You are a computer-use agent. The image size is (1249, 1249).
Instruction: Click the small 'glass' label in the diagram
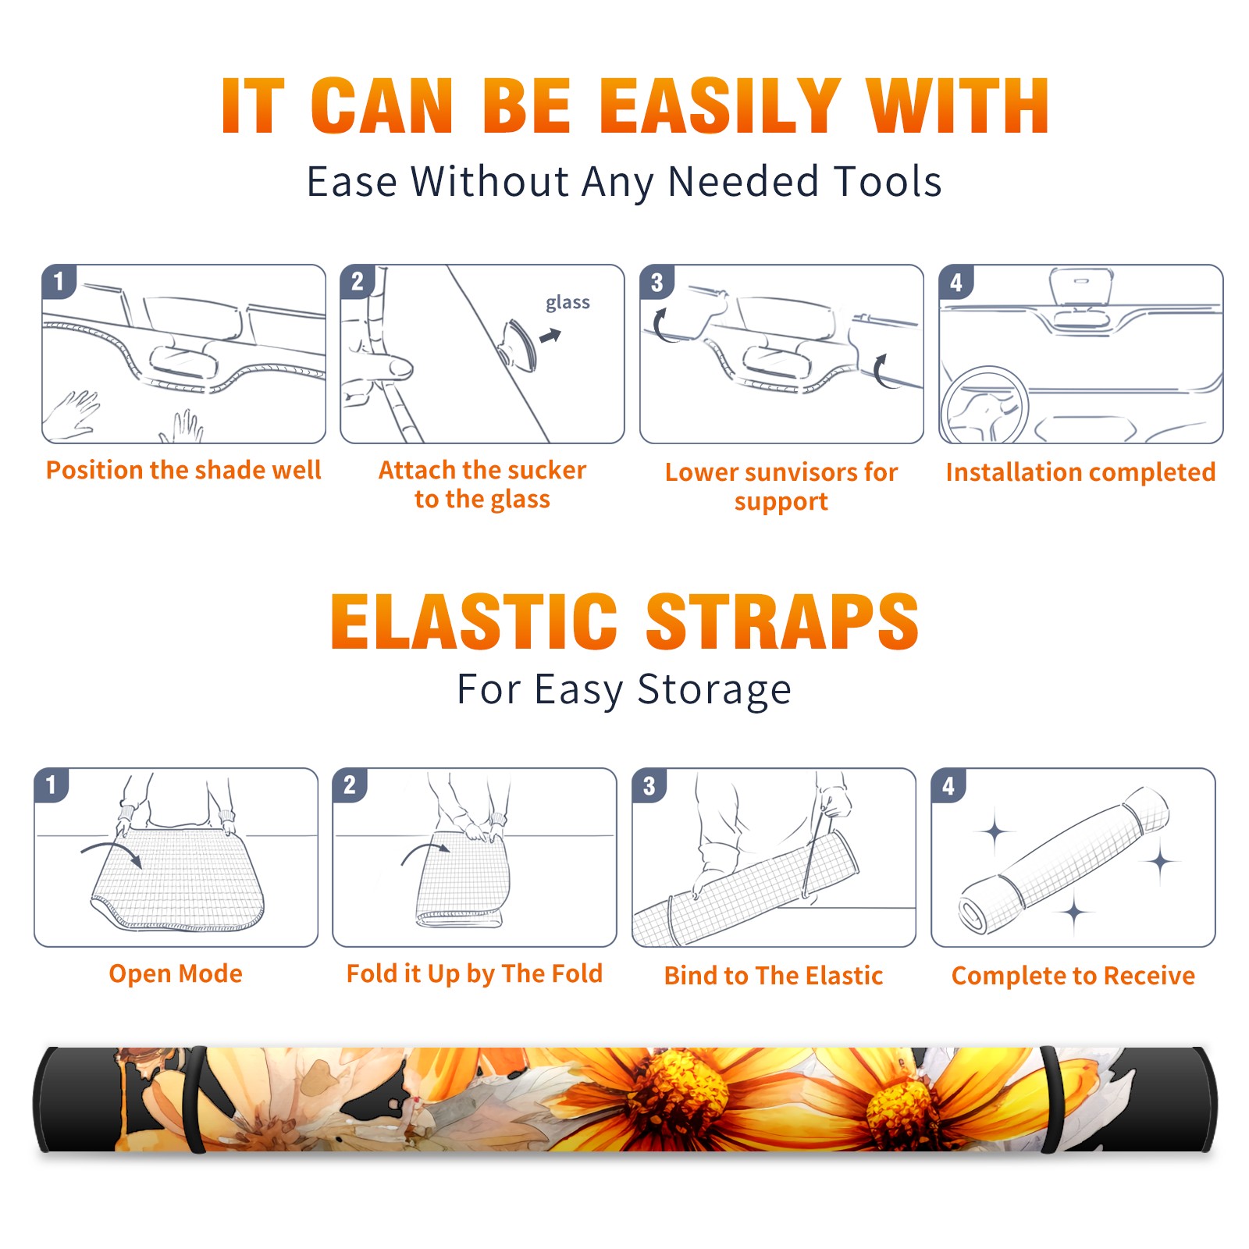[x=568, y=303]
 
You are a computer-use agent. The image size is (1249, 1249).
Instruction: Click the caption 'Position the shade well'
[x=183, y=470]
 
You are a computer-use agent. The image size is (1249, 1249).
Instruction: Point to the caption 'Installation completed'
[x=1080, y=471]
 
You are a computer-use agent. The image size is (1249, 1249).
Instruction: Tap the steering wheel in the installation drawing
[x=984, y=405]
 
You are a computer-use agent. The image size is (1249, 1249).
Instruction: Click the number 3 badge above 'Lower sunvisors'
[x=657, y=282]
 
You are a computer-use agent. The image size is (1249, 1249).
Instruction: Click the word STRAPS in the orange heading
[x=782, y=621]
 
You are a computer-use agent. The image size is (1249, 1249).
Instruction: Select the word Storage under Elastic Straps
[x=714, y=690]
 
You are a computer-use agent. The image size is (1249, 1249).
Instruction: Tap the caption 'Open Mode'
[x=176, y=973]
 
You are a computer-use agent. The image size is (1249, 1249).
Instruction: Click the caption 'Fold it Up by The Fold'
[x=475, y=973]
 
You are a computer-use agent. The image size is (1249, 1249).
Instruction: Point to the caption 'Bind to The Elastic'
[x=774, y=975]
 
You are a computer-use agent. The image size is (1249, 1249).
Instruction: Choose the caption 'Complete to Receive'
[x=1073, y=975]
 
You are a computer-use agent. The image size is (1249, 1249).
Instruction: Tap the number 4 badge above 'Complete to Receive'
[x=948, y=785]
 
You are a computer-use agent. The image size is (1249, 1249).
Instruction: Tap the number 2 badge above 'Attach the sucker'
[x=358, y=282]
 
